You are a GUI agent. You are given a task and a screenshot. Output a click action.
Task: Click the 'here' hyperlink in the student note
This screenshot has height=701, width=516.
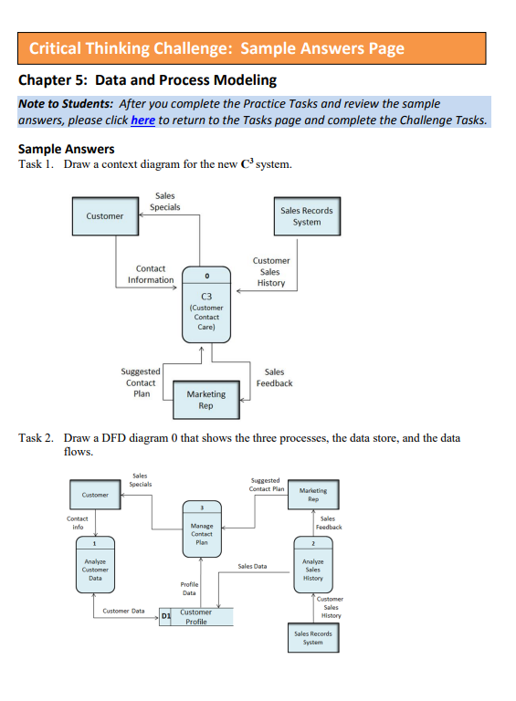pos(142,120)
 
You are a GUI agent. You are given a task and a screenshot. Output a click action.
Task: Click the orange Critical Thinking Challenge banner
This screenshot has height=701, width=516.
pos(251,48)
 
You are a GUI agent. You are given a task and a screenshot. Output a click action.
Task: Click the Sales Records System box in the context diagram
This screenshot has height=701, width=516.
pos(307,215)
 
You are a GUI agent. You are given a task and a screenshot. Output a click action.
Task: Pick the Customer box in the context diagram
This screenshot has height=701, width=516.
pos(105,215)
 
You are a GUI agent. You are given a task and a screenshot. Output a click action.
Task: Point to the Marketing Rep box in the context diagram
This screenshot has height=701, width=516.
pos(205,400)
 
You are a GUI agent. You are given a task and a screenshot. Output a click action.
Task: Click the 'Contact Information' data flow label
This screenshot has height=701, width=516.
pos(151,274)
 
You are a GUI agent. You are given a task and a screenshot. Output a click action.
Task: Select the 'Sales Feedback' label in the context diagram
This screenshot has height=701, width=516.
pos(274,377)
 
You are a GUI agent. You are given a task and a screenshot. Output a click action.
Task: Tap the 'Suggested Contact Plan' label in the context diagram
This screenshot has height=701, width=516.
pos(141,382)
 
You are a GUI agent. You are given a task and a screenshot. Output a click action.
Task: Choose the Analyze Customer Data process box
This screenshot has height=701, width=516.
pos(95,567)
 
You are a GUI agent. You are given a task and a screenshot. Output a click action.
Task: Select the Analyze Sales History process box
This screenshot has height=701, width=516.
pos(312,567)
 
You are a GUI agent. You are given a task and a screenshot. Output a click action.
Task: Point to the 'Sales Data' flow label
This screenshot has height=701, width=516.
pos(252,566)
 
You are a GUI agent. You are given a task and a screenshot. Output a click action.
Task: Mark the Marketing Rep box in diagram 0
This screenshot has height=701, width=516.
pos(313,495)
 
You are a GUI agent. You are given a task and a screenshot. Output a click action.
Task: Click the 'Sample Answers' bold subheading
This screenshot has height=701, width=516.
pos(67,149)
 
